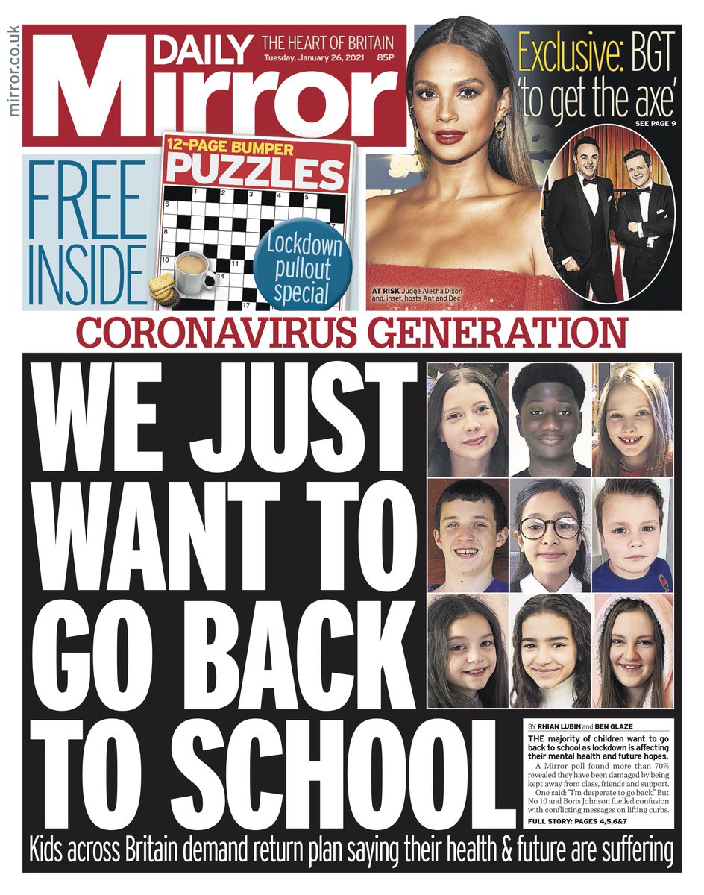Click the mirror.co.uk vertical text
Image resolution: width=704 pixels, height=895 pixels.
(x=13, y=72)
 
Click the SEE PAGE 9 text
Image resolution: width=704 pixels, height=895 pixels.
(x=656, y=122)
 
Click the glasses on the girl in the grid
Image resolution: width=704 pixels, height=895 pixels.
(x=550, y=527)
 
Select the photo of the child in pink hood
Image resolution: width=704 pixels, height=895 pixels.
(x=633, y=651)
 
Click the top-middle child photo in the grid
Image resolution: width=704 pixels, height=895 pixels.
(x=550, y=419)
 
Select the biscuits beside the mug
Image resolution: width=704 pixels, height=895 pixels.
(x=163, y=289)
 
